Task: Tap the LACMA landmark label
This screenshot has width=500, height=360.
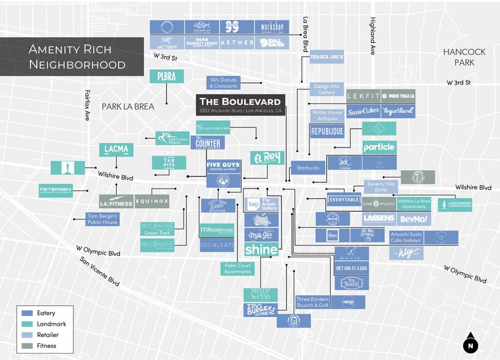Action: [x=116, y=149]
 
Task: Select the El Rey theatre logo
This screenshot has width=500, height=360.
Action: [x=267, y=158]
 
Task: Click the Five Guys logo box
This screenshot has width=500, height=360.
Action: [x=223, y=167]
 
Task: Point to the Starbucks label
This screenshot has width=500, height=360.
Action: [x=308, y=167]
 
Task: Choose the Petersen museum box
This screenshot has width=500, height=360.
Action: [x=56, y=190]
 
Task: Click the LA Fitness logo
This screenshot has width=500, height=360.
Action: [x=116, y=201]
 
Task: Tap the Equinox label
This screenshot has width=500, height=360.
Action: [x=151, y=201]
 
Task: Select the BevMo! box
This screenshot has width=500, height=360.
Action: [x=414, y=219]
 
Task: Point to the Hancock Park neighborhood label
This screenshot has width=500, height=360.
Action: [x=463, y=58]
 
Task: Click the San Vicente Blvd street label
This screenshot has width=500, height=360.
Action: [x=100, y=271]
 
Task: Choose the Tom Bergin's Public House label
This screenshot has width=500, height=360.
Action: [x=102, y=219]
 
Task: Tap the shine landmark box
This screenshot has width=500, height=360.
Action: [x=261, y=249]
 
